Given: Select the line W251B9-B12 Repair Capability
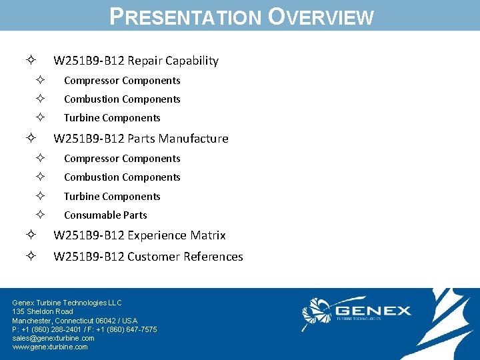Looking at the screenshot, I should click(x=135, y=61).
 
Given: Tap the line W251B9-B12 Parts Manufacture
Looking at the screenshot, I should click(x=141, y=139).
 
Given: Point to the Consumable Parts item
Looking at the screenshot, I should click(x=105, y=215).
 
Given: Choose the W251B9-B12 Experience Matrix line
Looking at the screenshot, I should click(x=139, y=235).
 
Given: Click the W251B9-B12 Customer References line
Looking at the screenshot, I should click(x=148, y=257).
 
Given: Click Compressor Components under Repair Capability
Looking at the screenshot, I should click(x=122, y=81).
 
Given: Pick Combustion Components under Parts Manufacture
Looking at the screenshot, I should click(x=122, y=177).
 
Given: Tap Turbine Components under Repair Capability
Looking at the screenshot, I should click(x=112, y=118).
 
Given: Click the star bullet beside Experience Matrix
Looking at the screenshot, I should click(x=31, y=235).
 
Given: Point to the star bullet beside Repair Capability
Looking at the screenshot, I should click(x=31, y=61).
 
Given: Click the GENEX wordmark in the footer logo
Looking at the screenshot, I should click(x=373, y=311).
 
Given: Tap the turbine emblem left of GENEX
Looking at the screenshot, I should click(x=317, y=313).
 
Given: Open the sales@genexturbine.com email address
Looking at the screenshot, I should click(x=53, y=338).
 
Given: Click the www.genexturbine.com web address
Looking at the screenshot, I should click(x=50, y=347).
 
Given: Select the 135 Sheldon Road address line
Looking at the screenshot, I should click(x=43, y=311).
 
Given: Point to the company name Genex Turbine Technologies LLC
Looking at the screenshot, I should click(x=67, y=303).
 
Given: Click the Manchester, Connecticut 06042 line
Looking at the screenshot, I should click(x=75, y=321).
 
